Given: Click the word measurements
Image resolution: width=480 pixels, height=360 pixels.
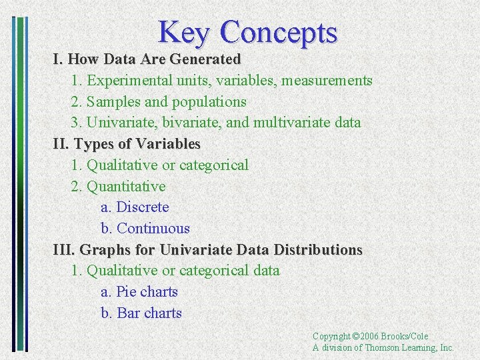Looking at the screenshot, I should coord(327,81).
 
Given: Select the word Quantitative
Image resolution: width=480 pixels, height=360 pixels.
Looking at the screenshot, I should coord(126,186).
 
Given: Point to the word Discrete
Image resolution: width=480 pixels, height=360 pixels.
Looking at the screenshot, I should coord(143,207).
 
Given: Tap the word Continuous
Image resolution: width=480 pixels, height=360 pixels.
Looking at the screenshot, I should coord(153,229).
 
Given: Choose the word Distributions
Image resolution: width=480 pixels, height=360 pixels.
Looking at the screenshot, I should coord(319,250).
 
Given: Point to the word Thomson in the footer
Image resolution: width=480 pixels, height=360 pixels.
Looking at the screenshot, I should coord(383,347).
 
